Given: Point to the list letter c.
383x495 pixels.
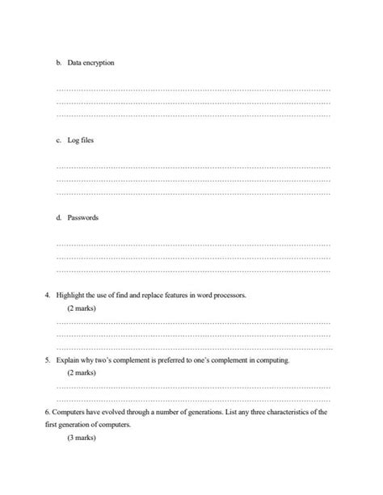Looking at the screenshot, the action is pyautogui.click(x=58, y=141).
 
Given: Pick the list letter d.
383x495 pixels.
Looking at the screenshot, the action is pyautogui.click(x=58, y=217).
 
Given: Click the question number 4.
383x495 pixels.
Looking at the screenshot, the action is pyautogui.click(x=48, y=296).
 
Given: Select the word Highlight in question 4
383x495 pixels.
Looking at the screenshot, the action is pyautogui.click(x=70, y=296).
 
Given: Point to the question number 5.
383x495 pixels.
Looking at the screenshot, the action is pyautogui.click(x=48, y=360).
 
